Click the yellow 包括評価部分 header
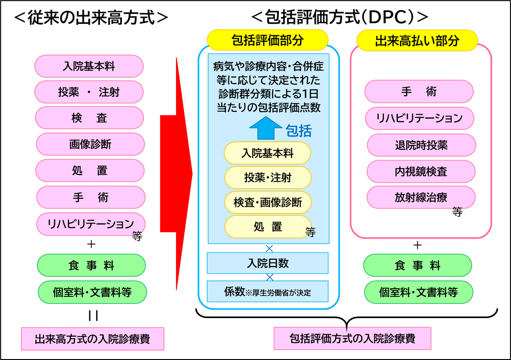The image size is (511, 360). coord(267,40)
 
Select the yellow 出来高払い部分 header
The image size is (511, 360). coord(417,40)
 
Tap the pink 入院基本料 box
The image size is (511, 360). coord(89,66)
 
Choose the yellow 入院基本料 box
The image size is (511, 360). coord(267,153)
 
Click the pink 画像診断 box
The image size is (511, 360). coord(90,144)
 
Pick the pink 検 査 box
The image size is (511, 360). coord(89,118)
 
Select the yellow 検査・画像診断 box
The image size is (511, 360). coord(267,202)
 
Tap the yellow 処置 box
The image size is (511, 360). coord(267,227)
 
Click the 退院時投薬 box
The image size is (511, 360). coord(421,145)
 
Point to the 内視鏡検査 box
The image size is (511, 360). coord(421,171)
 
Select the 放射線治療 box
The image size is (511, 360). coord(421,197)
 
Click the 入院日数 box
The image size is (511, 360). coord(267,263)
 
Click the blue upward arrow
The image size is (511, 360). coord(265,128)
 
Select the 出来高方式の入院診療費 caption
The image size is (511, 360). coord(93,339)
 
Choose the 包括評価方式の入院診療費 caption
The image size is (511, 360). coord(352,339)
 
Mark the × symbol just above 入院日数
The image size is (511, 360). coord(269,248)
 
